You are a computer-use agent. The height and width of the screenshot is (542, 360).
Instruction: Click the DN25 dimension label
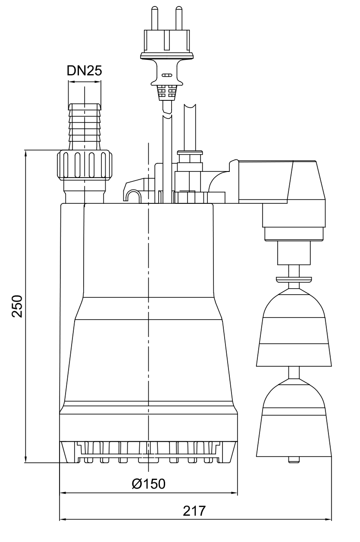click(x=85, y=71)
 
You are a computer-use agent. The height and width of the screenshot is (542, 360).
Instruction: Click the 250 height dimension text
click(x=17, y=306)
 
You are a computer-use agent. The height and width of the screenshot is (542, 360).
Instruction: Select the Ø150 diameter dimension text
click(x=148, y=483)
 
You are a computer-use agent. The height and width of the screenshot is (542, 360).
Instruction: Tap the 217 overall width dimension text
click(x=195, y=511)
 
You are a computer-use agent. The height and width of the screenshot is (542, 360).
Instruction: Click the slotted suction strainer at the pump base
click(x=148, y=452)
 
